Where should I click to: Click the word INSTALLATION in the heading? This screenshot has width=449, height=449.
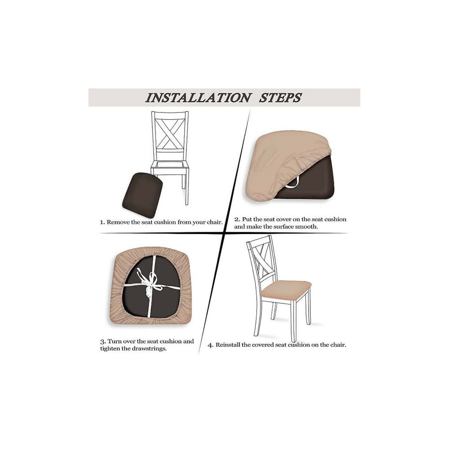click(198, 98)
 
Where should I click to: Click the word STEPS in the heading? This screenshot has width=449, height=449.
click(280, 98)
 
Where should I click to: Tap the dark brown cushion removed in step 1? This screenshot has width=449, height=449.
click(142, 191)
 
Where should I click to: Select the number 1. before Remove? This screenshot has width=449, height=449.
click(102, 223)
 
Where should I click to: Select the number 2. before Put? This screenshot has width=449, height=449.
click(237, 220)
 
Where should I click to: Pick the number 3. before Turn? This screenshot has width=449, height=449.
click(103, 342)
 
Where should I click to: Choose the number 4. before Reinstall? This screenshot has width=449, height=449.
click(210, 345)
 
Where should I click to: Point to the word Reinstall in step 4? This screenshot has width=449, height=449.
click(228, 345)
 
